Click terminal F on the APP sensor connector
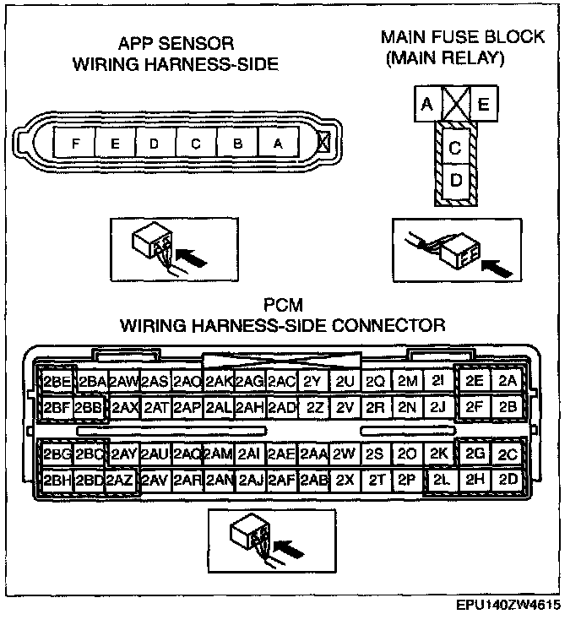75,143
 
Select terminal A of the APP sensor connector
278,143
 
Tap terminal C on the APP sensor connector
196,143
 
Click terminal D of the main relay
455,181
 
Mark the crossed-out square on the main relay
455,106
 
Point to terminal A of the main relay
426,106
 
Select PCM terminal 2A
507,381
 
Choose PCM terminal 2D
508,481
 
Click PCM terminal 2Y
312,382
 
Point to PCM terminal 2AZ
122,481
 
